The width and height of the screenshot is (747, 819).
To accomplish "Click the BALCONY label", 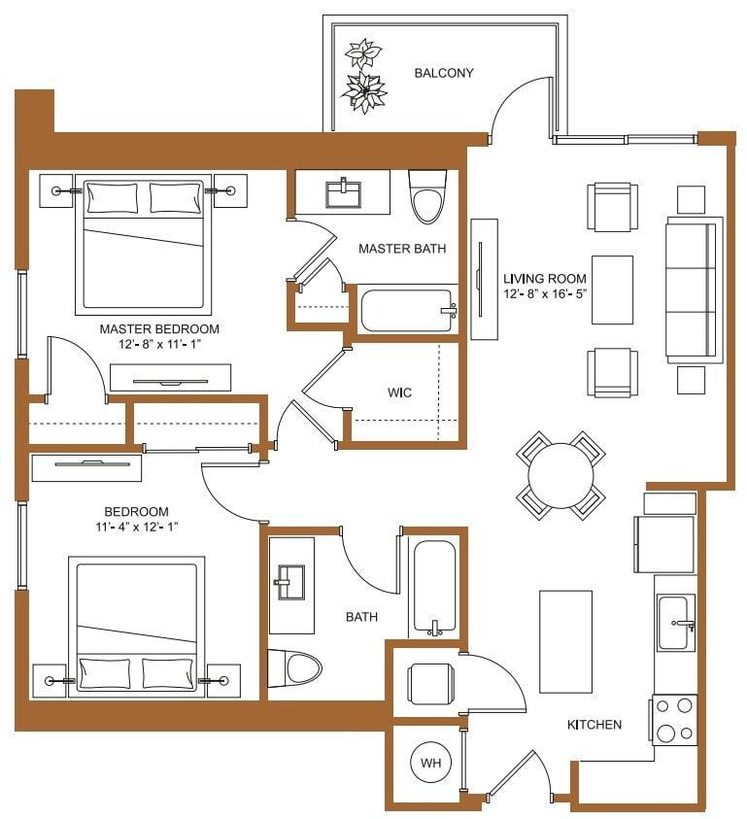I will pyautogui.click(x=444, y=73).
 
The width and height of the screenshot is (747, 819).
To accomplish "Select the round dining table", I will pyautogui.click(x=560, y=475).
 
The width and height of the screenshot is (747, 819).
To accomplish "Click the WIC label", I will pyautogui.click(x=399, y=392).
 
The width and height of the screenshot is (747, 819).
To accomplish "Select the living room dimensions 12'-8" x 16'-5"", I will pyautogui.click(x=545, y=293).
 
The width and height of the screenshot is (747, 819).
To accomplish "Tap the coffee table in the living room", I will pyautogui.click(x=612, y=290).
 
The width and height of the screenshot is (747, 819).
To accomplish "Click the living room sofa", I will pyautogui.click(x=694, y=290).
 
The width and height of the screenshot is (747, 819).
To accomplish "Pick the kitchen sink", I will pyautogui.click(x=675, y=623).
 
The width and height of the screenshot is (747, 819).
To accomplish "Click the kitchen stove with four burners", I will pyautogui.click(x=674, y=720).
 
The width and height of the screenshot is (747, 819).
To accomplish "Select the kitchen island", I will pyautogui.click(x=565, y=641).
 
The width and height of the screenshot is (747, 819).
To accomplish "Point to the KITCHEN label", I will pyautogui.click(x=594, y=725).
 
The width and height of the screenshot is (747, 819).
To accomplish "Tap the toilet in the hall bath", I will pyautogui.click(x=295, y=669).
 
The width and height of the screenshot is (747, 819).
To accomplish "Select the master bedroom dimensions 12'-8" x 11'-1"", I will pyautogui.click(x=159, y=344).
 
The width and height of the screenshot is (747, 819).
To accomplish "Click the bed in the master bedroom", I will pyautogui.click(x=144, y=245).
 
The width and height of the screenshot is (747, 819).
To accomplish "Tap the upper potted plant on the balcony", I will pyautogui.click(x=363, y=52).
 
